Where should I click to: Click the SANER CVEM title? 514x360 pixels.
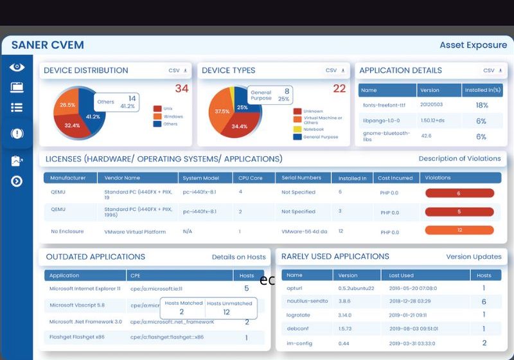click(48, 45)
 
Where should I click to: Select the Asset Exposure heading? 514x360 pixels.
click(473, 45)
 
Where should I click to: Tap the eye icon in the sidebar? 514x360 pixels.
click(17, 67)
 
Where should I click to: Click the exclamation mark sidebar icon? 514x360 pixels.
click(17, 134)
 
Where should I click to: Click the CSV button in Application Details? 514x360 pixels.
click(492, 71)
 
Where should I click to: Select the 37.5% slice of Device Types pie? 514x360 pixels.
click(222, 112)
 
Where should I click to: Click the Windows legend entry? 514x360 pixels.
click(173, 116)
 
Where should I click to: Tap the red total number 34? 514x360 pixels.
click(182, 89)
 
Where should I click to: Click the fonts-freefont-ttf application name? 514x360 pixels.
click(384, 105)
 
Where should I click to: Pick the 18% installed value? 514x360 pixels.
click(481, 105)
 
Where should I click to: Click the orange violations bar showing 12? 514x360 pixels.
click(459, 230)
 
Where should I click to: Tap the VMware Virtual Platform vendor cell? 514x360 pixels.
click(135, 231)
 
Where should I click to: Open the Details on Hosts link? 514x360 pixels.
click(238, 257)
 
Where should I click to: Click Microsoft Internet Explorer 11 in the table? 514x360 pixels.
click(85, 289)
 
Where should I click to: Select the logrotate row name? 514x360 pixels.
click(298, 315)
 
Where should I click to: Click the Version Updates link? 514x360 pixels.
click(474, 256)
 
